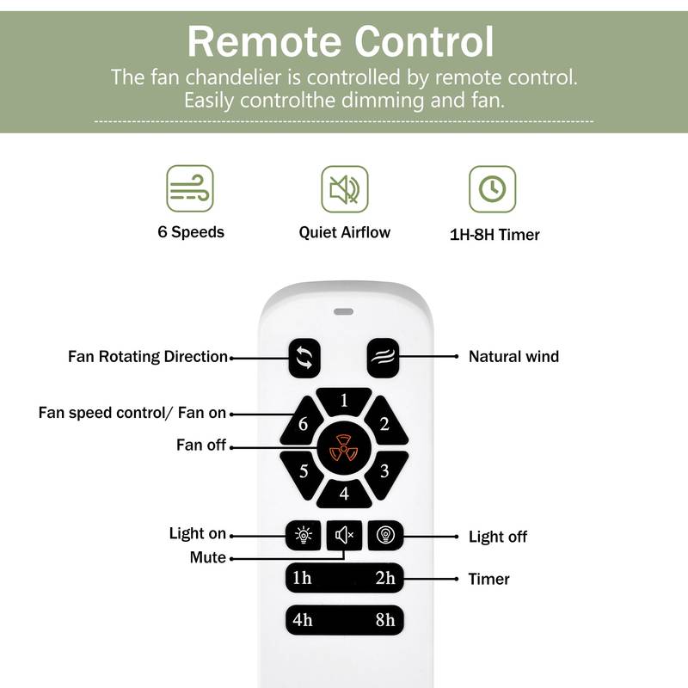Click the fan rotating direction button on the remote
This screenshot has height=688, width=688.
(x=304, y=357)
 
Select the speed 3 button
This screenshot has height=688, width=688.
(x=384, y=470)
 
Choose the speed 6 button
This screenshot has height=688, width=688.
(x=303, y=424)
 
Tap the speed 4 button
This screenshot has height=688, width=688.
(x=344, y=494)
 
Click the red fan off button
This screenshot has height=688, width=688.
(x=344, y=447)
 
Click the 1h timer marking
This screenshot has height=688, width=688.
(x=302, y=579)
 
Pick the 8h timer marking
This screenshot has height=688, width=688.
(x=384, y=619)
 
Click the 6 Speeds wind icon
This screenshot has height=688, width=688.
(x=189, y=189)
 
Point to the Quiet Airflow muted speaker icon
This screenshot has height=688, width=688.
(x=344, y=189)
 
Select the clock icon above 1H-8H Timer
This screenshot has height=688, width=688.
(x=492, y=189)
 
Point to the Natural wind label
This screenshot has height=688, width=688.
(x=513, y=356)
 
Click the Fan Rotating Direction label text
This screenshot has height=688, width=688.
(x=148, y=356)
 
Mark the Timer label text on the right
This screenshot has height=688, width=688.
(x=488, y=579)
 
